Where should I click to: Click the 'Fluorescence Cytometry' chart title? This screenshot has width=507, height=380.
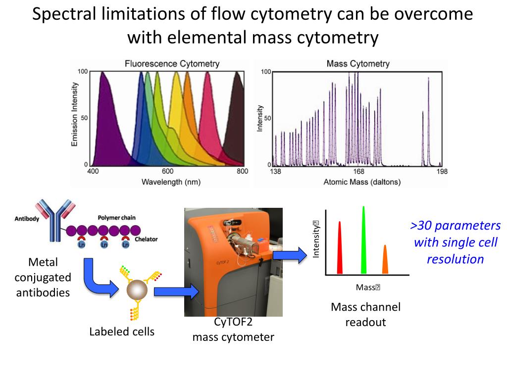point(172,64)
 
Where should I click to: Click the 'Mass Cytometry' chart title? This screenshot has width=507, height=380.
point(358,64)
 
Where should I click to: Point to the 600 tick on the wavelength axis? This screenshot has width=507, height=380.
point(167,172)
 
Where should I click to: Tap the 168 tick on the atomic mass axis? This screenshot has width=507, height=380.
point(358,172)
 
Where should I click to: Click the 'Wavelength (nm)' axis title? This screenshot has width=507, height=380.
point(171,182)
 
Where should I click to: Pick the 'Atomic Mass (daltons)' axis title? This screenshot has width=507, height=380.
point(362,182)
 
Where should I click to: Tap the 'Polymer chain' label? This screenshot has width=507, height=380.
point(116,218)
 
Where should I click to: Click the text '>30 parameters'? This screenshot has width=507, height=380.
point(455,226)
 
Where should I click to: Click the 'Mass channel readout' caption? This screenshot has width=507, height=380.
point(365,315)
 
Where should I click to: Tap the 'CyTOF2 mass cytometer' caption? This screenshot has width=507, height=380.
point(233,330)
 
